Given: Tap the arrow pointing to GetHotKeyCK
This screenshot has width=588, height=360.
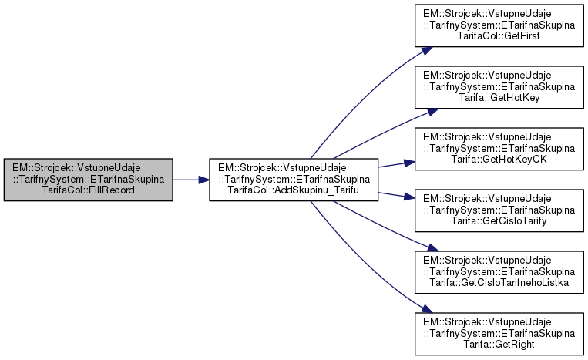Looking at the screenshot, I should (x=397, y=163).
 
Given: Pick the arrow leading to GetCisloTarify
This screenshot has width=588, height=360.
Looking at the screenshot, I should (x=397, y=196).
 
